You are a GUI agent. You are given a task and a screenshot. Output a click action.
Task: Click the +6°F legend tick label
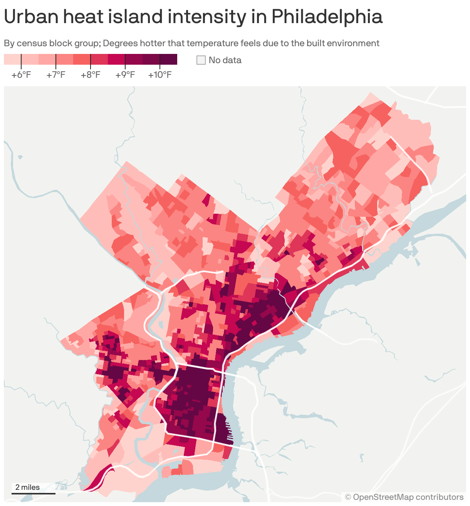point(21,75)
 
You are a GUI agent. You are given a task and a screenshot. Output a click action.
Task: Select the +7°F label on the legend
point(56,75)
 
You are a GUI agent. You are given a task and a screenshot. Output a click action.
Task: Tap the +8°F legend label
point(91,75)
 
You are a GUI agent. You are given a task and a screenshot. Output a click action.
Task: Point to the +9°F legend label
point(125,75)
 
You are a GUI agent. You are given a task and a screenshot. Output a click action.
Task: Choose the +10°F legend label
point(160,75)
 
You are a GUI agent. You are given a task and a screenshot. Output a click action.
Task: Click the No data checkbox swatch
point(201,60)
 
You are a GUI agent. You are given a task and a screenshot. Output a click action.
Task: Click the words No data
point(225,60)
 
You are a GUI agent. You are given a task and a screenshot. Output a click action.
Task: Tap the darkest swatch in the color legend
point(168,59)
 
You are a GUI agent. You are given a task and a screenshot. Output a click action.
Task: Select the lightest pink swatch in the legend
point(12,59)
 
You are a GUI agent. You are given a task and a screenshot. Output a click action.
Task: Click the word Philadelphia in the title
point(327,17)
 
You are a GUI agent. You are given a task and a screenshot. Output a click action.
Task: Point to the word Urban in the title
point(30,17)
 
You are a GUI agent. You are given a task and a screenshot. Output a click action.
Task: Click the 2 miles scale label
point(28,487)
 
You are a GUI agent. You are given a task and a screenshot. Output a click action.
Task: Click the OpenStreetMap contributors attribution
point(405,497)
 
